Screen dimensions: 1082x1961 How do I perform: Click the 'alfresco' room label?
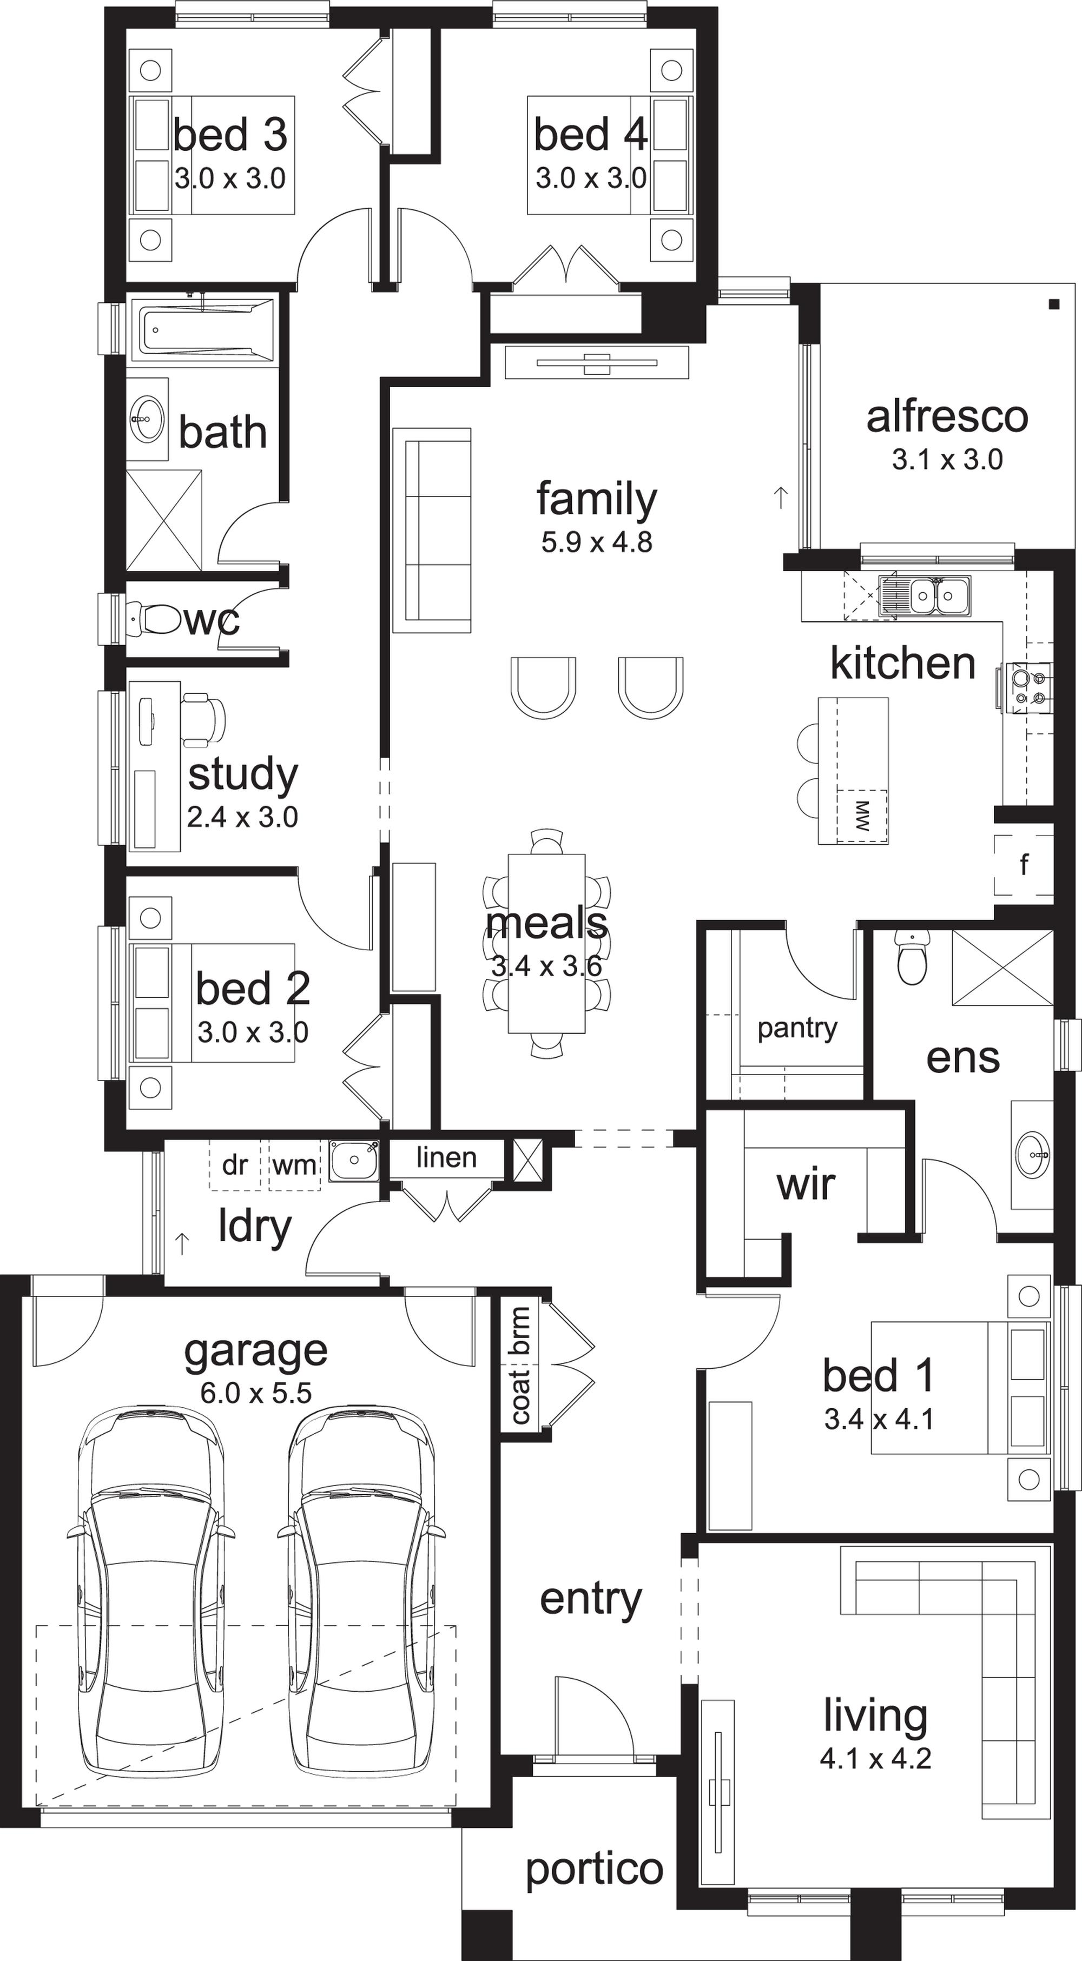pos(947,417)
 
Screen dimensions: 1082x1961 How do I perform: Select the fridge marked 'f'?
pos(1024,865)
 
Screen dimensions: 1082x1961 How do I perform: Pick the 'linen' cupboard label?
pos(446,1158)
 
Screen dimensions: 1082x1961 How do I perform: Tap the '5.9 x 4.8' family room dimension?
pos(597,542)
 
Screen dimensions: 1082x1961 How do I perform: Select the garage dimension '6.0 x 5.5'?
pos(256,1393)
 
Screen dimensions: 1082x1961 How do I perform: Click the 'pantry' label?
pos(797,1029)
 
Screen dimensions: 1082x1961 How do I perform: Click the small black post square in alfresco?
pos(1054,304)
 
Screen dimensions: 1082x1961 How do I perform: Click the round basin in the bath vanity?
pos(146,418)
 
